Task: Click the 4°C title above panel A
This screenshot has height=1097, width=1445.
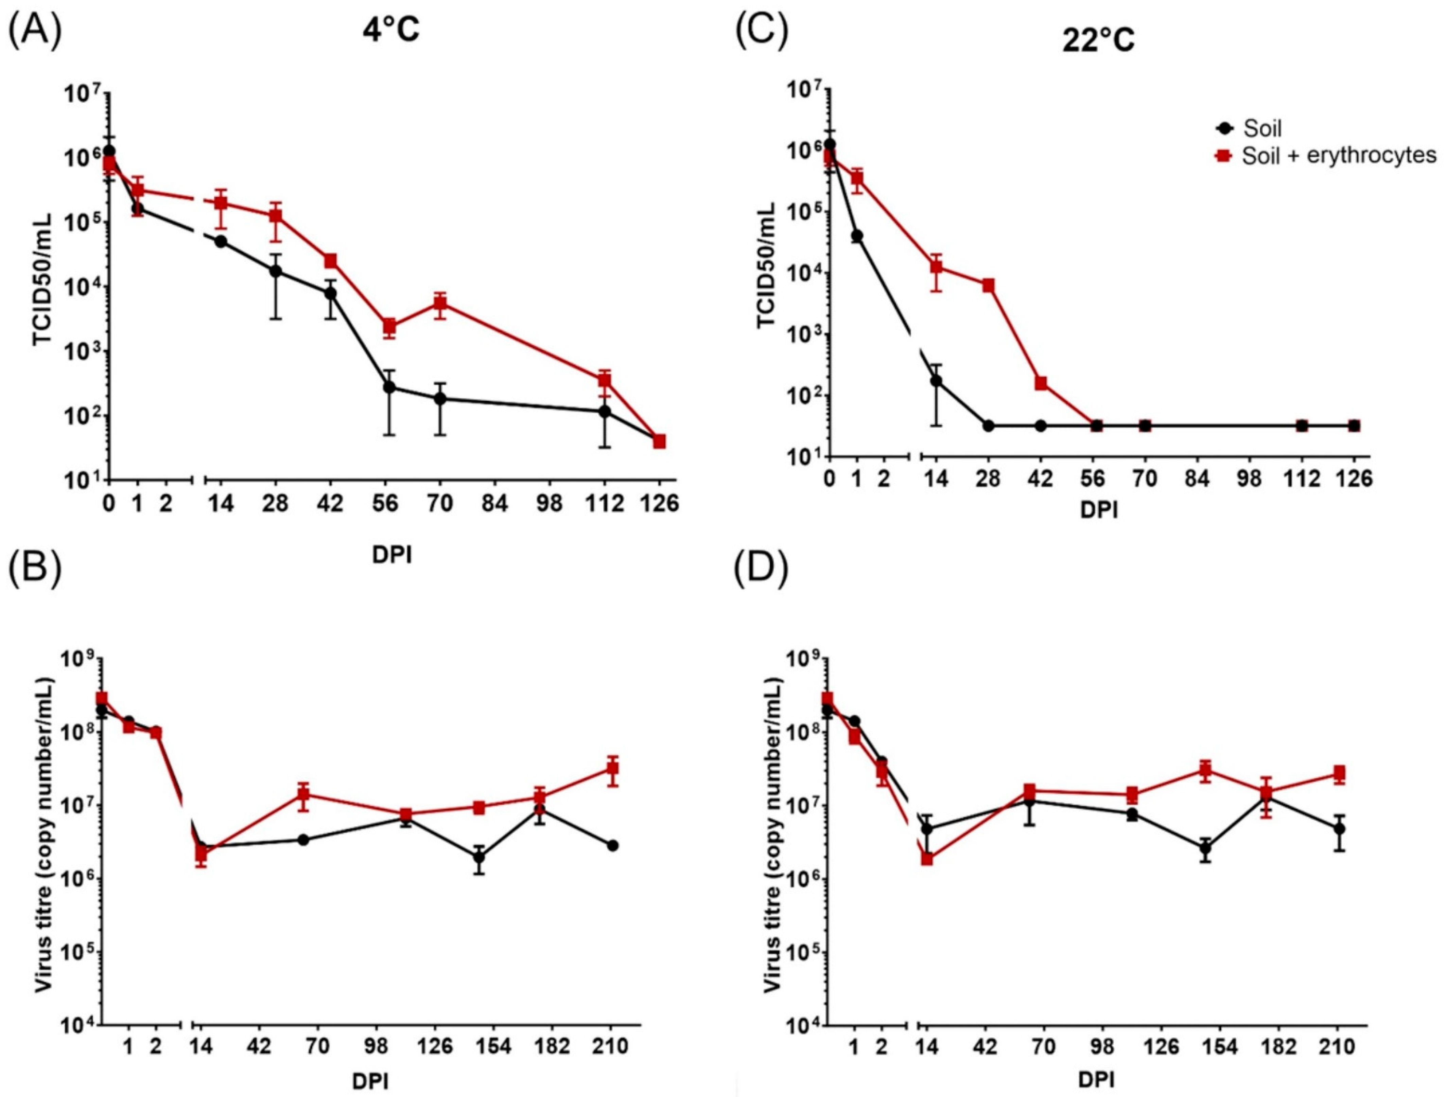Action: [x=391, y=31]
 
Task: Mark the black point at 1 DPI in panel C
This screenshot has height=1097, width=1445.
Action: [x=857, y=236]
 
